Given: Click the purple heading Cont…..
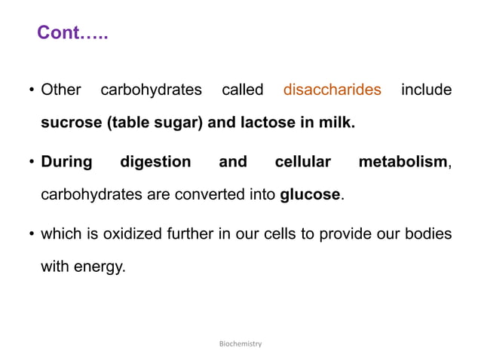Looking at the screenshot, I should pyautogui.click(x=72, y=33).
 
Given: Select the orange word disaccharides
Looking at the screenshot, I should pyautogui.click(x=332, y=90).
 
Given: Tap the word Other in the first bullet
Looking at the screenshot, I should pyautogui.click(x=61, y=90).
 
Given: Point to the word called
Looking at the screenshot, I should pyautogui.click(x=242, y=90).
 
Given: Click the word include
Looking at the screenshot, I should pyautogui.click(x=426, y=90).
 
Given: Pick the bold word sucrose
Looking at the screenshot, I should pyautogui.click(x=70, y=123).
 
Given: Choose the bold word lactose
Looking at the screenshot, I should pyautogui.click(x=268, y=123).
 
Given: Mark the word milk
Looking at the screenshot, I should pyautogui.click(x=335, y=123).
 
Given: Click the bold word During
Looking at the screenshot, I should pyautogui.click(x=66, y=162).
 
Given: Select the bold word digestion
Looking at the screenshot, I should pyautogui.click(x=156, y=162).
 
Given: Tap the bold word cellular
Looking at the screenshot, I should pyautogui.click(x=302, y=162).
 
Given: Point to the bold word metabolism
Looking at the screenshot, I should pyautogui.click(x=403, y=162).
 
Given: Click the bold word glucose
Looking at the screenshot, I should pyautogui.click(x=310, y=195).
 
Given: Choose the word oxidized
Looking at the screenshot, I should pyautogui.click(x=127, y=234).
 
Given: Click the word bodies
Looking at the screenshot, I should pyautogui.click(x=429, y=234).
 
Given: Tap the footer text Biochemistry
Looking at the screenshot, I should pyautogui.click(x=240, y=343).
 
